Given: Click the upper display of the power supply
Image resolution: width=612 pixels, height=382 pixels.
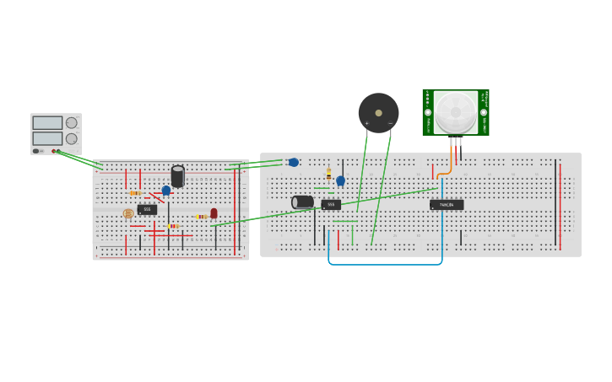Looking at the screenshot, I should coord(47,122).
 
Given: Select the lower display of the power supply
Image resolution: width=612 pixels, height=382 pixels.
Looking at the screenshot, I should coord(47,138).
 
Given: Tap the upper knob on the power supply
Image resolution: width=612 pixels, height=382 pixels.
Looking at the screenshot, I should coord(72,122).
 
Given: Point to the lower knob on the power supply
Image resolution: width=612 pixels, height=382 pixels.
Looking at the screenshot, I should coord(72,138).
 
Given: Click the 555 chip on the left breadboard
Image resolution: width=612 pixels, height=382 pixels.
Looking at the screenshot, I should coord(147,209).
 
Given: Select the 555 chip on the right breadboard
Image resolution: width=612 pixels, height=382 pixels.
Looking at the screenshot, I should coord(331,204).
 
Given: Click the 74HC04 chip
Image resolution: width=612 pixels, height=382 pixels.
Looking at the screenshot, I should coord(447,204).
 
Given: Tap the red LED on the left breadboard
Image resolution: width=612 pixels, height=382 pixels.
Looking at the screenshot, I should coord(214,213).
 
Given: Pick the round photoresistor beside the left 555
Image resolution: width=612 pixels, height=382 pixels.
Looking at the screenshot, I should coord(128,213).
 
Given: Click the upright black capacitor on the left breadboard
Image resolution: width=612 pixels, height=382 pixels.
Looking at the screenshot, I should coord(177,175).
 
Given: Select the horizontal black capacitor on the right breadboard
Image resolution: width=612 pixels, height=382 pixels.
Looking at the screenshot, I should coord(302,202).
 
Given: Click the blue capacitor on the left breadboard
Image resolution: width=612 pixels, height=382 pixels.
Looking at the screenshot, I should coord(166,191).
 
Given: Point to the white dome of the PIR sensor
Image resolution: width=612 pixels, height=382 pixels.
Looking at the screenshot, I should coord(456,111).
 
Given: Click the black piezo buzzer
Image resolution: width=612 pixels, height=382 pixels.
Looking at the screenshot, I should coord(378,112).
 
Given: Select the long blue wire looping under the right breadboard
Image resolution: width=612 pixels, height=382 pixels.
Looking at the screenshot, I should coord(384,264).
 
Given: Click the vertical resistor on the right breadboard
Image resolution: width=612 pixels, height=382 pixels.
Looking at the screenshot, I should coord(328,174).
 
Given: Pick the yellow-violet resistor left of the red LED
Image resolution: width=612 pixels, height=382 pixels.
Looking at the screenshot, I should coord(201,217).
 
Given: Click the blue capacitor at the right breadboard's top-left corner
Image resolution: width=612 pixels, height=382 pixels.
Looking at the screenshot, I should coord(293,162).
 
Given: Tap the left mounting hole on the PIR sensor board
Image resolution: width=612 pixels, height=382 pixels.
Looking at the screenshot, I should coord(428,112).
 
